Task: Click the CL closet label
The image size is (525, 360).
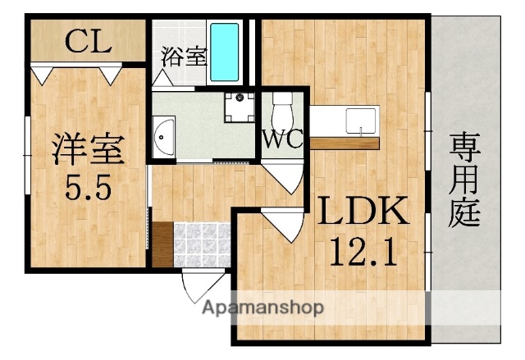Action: [88, 40]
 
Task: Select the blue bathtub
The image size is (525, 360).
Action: [224, 49]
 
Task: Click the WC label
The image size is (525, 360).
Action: [282, 137]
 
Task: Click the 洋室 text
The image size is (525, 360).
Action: [88, 150]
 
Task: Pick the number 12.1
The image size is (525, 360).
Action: [363, 249]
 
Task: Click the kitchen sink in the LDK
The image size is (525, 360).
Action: [358, 120]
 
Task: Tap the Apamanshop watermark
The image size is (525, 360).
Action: [262, 308]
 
